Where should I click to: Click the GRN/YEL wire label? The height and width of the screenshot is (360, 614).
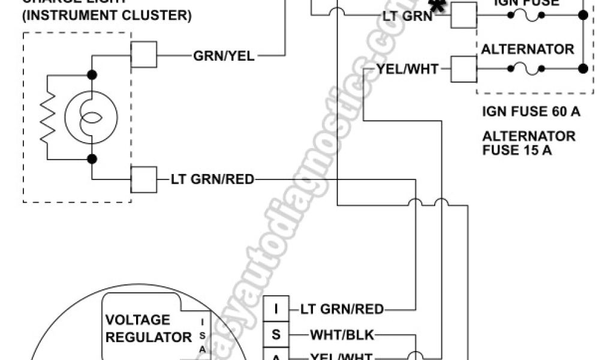(224, 56)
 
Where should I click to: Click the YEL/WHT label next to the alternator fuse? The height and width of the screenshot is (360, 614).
(408, 70)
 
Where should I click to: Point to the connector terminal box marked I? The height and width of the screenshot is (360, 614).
(276, 310)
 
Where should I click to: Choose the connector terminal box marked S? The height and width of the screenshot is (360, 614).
(276, 334)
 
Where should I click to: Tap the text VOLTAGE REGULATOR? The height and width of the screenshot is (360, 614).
(148, 328)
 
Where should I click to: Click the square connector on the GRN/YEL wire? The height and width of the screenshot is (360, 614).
(144, 54)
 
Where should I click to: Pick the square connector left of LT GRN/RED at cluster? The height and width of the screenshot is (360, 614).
(144, 178)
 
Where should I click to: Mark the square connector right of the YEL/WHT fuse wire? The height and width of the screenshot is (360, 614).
(463, 69)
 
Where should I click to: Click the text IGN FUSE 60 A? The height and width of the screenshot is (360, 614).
(531, 112)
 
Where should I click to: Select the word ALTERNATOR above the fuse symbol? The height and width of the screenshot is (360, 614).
(528, 49)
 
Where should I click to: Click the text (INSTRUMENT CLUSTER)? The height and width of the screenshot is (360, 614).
(107, 15)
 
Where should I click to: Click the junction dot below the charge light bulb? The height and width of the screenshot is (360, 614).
(92, 160)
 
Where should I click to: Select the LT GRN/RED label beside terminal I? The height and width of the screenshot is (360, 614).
(342, 310)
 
